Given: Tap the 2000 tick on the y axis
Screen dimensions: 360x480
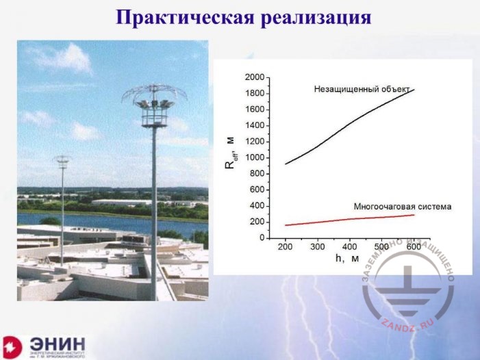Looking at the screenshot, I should point(255,77).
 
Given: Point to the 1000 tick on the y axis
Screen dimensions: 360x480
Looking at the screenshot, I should point(255,157).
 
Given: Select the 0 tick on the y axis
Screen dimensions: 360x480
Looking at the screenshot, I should point(261,238).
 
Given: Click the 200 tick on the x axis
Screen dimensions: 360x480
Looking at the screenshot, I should point(286,246).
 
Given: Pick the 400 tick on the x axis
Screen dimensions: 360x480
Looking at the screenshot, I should point(349,246).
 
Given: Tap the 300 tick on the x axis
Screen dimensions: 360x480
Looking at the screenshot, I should point(317,246).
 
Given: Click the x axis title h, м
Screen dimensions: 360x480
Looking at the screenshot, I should point(346,259).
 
